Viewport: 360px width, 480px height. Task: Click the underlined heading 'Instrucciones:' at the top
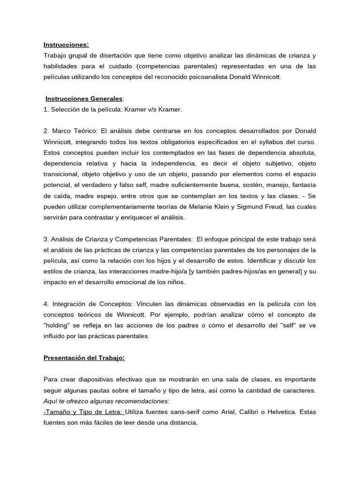point(66,45)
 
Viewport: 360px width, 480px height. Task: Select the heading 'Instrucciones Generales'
point(84,99)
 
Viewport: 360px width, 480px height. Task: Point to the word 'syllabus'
point(269,142)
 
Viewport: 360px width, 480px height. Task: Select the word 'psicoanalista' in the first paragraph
point(216,77)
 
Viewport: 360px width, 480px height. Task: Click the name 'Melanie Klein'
point(227,207)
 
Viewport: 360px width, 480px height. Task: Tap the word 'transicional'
point(61,174)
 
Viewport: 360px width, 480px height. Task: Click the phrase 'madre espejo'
point(80,196)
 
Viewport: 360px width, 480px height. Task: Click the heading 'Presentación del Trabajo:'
point(84,358)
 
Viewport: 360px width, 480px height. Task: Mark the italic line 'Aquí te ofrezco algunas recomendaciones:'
point(106,401)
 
